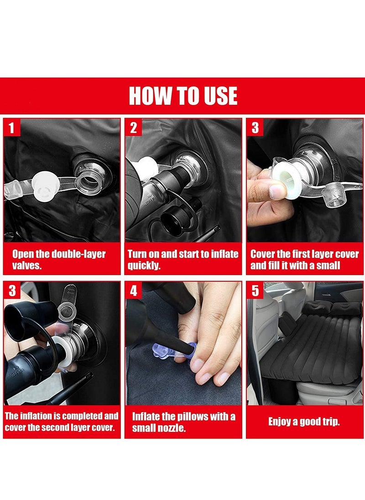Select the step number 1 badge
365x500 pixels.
coord(11,127)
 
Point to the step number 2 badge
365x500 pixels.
coord(133,127)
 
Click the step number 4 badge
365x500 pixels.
coord(133,291)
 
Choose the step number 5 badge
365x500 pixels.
coord(255,291)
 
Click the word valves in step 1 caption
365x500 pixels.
coord(27,266)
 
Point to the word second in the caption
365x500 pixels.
coord(55,427)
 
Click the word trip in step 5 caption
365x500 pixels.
coord(331,422)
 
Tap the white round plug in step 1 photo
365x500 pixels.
coord(45,187)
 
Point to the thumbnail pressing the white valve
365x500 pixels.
coord(276,191)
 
